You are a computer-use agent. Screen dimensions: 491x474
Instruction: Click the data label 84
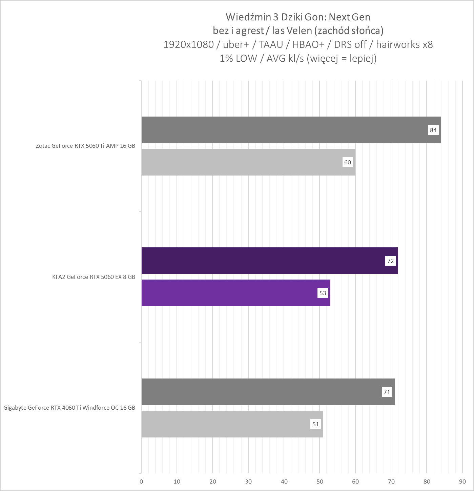(433, 130)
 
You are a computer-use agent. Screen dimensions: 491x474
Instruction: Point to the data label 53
(323, 293)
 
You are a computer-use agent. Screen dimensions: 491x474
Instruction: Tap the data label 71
(387, 392)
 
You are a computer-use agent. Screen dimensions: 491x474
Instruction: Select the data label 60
(348, 162)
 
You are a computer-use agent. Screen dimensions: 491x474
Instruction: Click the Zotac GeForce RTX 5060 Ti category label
(85, 146)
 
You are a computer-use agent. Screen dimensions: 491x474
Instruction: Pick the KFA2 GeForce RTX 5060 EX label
(94, 277)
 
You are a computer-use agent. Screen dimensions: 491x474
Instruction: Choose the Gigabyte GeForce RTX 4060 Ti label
(69, 408)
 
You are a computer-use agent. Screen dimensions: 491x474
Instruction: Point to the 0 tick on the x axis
(141, 482)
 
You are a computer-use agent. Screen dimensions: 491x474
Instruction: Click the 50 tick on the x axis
(320, 482)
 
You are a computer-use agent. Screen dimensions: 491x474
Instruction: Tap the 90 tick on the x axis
(462, 482)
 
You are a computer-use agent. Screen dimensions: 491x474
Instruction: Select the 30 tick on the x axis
(248, 482)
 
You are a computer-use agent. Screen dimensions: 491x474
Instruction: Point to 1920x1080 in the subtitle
(188, 44)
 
